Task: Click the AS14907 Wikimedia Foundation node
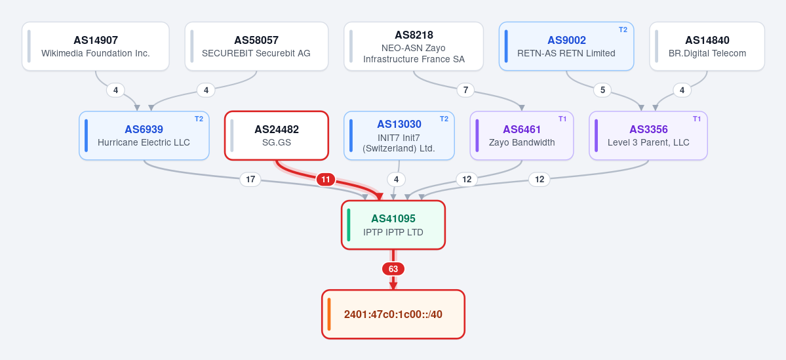click(x=95, y=46)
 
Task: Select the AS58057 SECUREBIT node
click(x=256, y=46)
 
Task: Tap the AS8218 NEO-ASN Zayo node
click(x=414, y=46)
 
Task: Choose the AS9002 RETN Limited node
click(x=566, y=46)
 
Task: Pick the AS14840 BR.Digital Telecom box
click(x=707, y=46)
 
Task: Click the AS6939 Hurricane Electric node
click(x=144, y=135)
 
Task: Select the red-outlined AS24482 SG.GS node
click(x=277, y=135)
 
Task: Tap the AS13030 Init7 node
click(x=399, y=135)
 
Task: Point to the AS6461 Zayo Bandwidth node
click(x=522, y=135)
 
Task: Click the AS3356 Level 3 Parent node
click(x=648, y=135)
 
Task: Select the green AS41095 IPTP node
click(x=393, y=225)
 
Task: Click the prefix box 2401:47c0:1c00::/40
click(x=393, y=314)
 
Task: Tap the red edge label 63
click(x=393, y=270)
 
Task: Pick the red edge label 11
click(x=326, y=180)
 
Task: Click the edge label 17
click(x=250, y=180)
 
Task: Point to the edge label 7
click(x=465, y=90)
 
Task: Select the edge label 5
click(x=602, y=90)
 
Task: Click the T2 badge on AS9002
click(x=623, y=30)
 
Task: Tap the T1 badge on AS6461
click(x=562, y=119)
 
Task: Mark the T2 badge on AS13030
click(x=444, y=119)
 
